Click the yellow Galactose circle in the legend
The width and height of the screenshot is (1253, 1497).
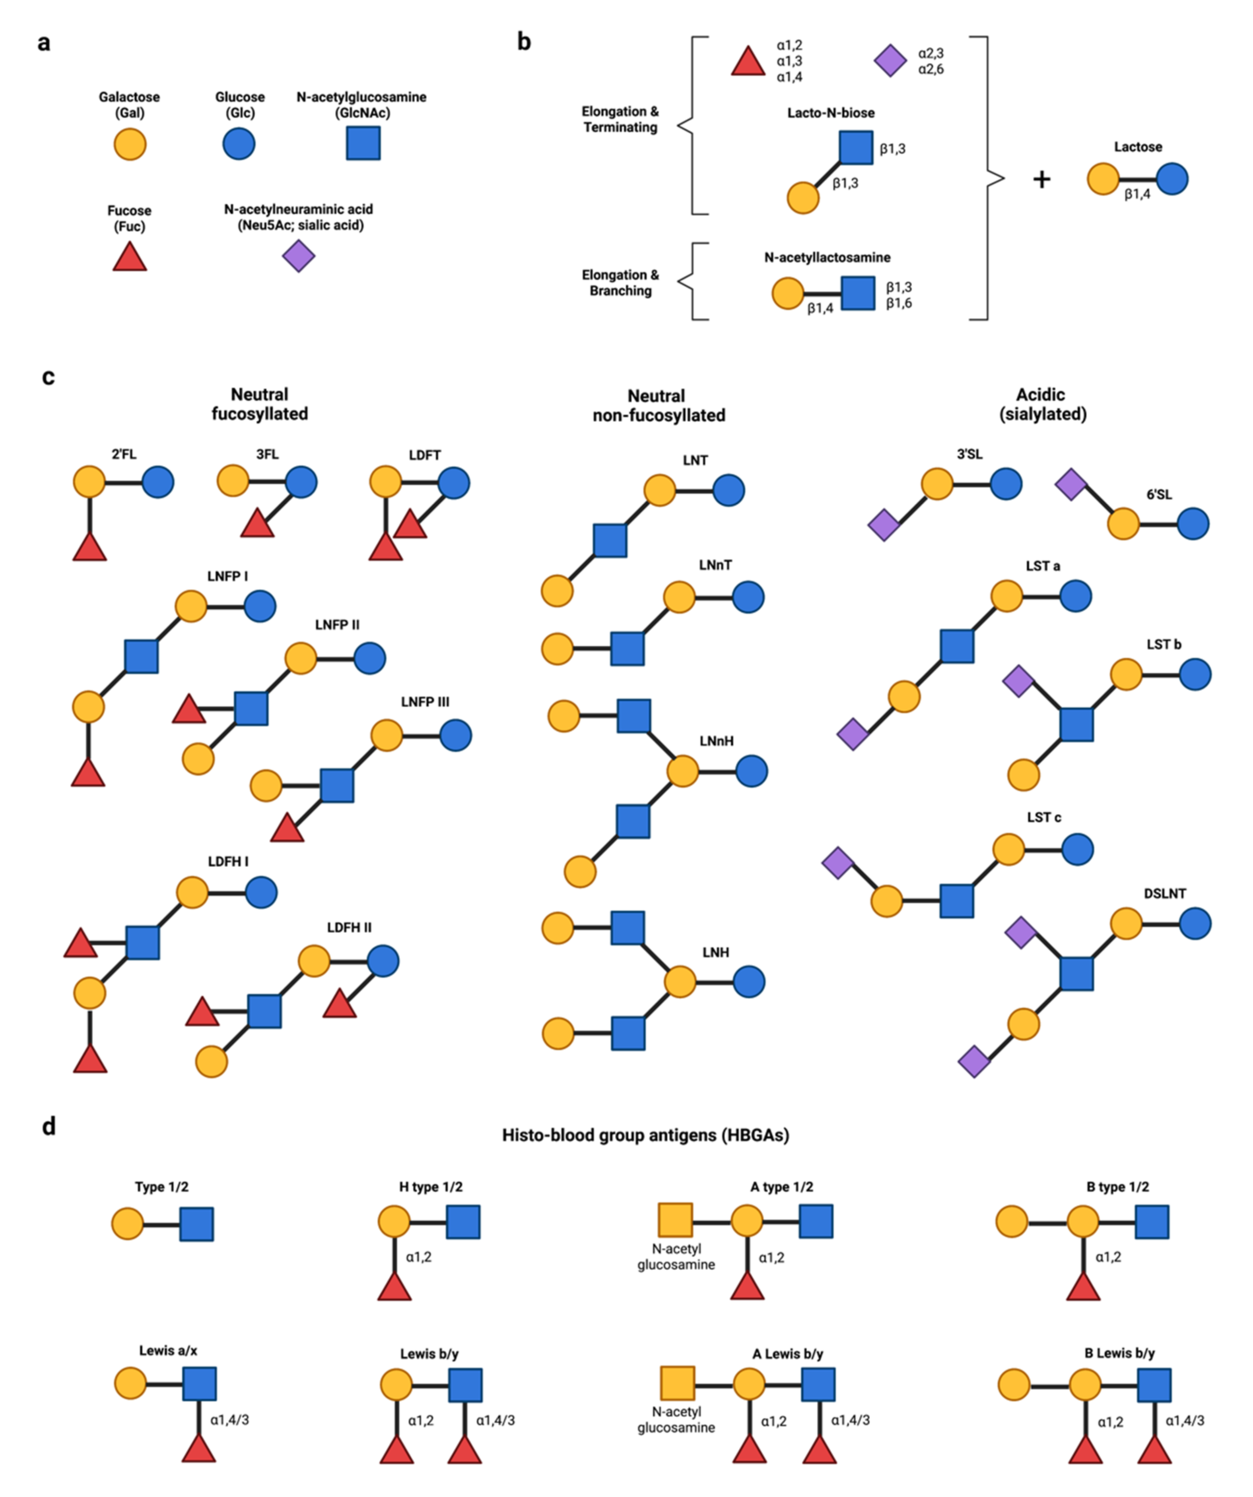tap(130, 145)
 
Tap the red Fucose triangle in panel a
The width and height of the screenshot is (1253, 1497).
tap(130, 258)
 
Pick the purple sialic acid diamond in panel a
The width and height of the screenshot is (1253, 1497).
tap(298, 256)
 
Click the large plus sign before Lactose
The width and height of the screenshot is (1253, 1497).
tap(1041, 180)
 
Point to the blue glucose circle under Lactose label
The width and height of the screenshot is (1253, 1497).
tap(1172, 179)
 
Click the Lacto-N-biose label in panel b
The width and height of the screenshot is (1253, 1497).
tap(830, 112)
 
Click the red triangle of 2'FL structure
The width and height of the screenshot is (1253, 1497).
tap(90, 548)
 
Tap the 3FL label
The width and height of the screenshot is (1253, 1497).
tap(268, 455)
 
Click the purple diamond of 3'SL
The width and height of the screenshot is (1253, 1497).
tap(884, 525)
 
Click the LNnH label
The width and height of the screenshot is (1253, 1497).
tap(717, 742)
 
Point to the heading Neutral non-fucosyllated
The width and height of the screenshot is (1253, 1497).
tap(658, 406)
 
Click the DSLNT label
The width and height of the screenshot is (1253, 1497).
tap(1164, 894)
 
